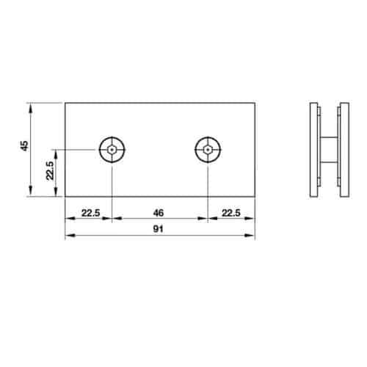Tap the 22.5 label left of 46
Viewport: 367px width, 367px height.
tap(90, 213)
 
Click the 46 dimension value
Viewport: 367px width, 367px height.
tap(157, 213)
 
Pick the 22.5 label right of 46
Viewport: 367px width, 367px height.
tap(231, 213)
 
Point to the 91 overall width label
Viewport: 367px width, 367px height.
tap(157, 229)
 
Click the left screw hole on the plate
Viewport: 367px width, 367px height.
tap(112, 150)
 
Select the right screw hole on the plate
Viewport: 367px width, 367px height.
tap(208, 150)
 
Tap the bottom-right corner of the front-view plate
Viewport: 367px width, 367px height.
tap(255, 196)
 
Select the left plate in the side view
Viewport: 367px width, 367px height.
tap(313, 150)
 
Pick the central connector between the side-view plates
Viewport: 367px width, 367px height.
tap(329, 150)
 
